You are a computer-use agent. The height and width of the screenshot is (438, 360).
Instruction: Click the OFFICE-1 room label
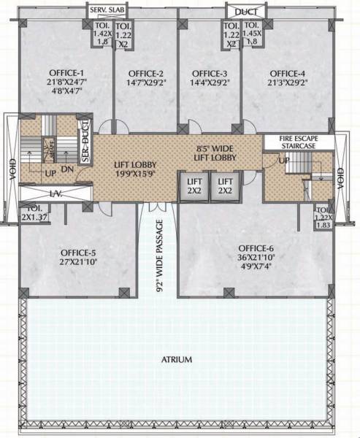click(x=66, y=74)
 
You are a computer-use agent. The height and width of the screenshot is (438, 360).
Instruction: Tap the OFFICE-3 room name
click(x=210, y=74)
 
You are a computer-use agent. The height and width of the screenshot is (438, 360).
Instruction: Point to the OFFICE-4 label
click(x=288, y=74)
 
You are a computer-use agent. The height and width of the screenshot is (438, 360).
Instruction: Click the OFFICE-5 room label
click(x=77, y=253)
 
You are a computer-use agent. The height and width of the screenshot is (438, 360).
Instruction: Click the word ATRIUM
click(x=177, y=360)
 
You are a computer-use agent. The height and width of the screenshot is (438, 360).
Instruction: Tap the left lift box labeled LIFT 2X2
click(x=194, y=185)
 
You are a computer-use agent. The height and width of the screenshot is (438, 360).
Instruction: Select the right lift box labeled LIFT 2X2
click(x=226, y=185)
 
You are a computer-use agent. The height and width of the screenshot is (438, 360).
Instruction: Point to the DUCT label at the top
click(x=241, y=11)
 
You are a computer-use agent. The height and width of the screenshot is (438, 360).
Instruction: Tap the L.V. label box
click(x=54, y=193)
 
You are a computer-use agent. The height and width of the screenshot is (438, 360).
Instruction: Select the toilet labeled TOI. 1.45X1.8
click(x=253, y=34)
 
